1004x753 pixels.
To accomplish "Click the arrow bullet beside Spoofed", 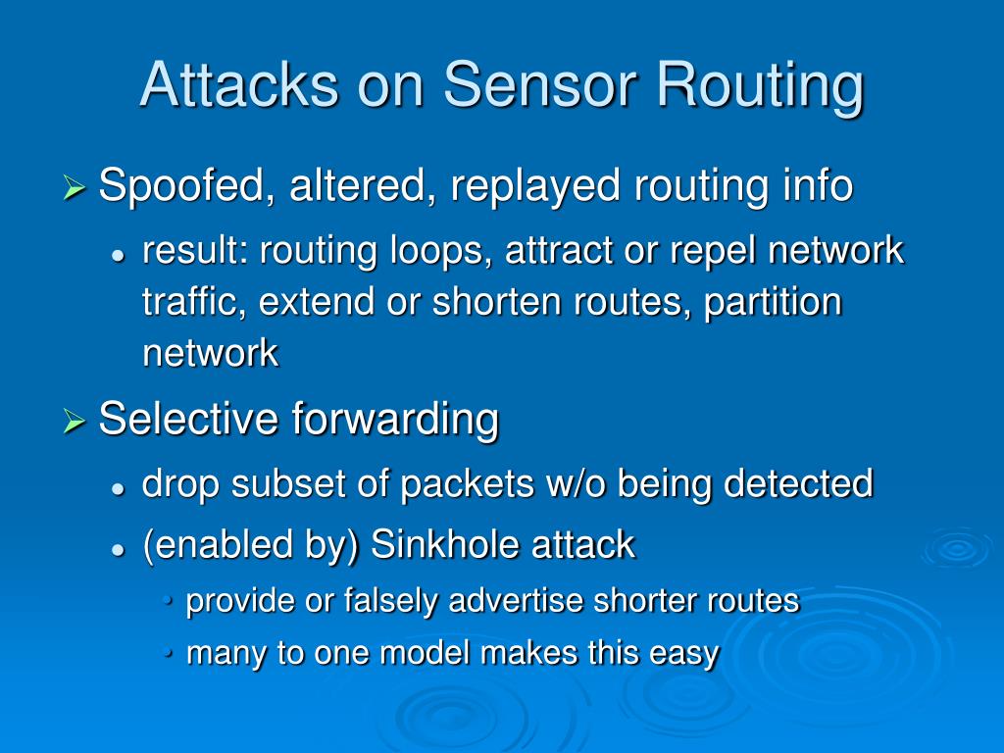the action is tap(75, 187).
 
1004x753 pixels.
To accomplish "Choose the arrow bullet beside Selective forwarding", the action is tap(75, 421).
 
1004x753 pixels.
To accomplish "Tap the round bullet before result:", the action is tap(118, 254).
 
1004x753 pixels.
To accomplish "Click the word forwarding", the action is tap(396, 419).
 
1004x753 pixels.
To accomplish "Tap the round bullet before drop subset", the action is tap(118, 486).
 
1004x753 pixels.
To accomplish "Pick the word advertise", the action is tap(514, 601).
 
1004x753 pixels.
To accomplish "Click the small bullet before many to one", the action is tap(171, 653).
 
